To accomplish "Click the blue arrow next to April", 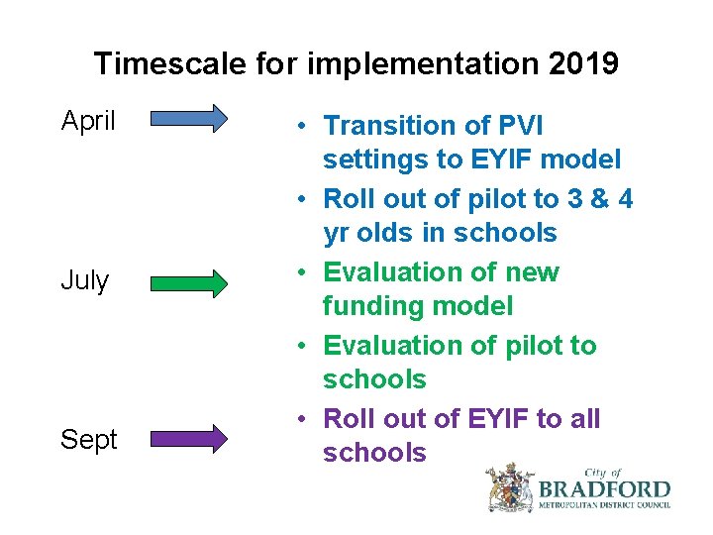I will tap(189, 121).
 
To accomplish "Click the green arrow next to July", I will tap(189, 284).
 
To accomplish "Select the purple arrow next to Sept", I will tap(189, 438).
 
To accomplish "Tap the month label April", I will tap(88, 122).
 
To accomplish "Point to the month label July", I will tap(85, 280).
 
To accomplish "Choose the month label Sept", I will tap(88, 439).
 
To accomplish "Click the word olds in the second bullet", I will tap(391, 233).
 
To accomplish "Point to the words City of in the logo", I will tap(603, 474).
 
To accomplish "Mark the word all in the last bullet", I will tap(584, 419).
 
